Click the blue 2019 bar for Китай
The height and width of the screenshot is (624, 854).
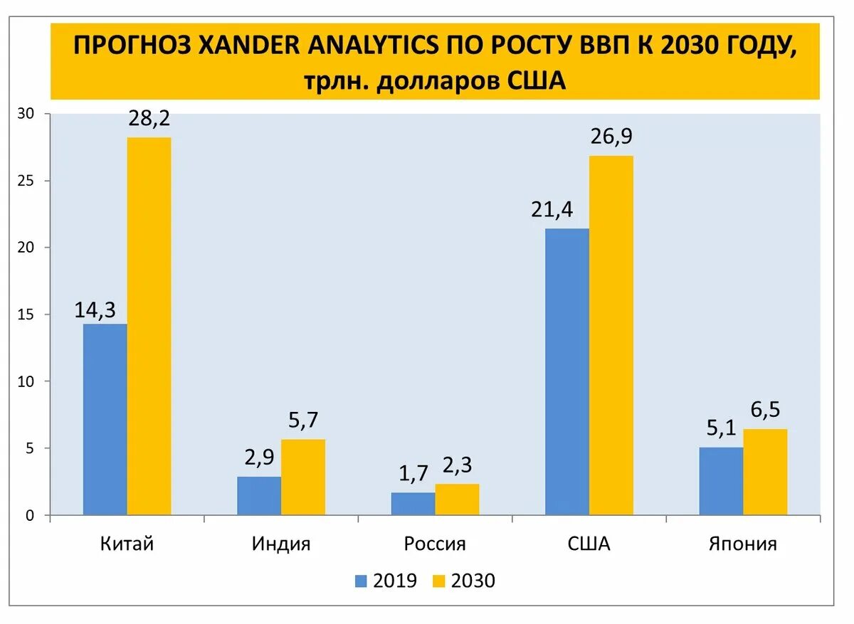pyautogui.click(x=105, y=419)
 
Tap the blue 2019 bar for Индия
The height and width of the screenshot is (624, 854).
pyautogui.click(x=259, y=495)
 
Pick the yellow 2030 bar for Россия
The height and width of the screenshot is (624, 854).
pyautogui.click(x=457, y=499)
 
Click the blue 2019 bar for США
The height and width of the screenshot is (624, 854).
pyautogui.click(x=567, y=371)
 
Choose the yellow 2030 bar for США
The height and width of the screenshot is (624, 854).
pyautogui.click(x=611, y=335)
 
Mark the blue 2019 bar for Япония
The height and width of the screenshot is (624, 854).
pyautogui.click(x=721, y=481)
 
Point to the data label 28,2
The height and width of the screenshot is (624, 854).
pyautogui.click(x=149, y=119)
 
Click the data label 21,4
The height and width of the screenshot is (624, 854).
pyautogui.click(x=551, y=210)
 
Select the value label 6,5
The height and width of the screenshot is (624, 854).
pyautogui.click(x=765, y=411)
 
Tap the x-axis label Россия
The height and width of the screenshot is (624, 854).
pyautogui.click(x=435, y=544)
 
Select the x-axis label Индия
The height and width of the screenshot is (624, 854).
pyautogui.click(x=281, y=544)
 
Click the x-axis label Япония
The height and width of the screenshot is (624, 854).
pyautogui.click(x=743, y=544)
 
